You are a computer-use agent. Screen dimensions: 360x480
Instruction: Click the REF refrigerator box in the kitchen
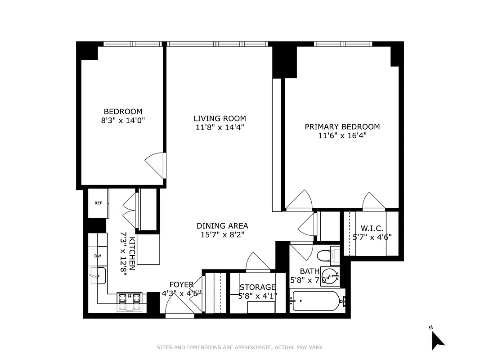(x=98, y=203)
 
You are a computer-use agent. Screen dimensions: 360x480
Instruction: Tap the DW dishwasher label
(x=98, y=256)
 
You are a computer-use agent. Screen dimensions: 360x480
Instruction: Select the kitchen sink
(x=98, y=275)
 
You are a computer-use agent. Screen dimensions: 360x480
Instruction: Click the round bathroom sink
(x=331, y=275)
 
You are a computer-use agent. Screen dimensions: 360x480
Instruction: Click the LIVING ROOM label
(x=220, y=119)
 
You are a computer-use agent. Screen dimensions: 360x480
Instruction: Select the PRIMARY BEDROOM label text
(x=342, y=127)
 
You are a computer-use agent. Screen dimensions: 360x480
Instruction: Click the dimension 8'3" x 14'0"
(x=123, y=121)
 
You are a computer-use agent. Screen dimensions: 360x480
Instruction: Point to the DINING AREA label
(x=222, y=226)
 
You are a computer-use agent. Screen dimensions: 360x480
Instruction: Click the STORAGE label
(x=257, y=287)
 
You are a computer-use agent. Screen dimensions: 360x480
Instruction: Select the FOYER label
(x=181, y=284)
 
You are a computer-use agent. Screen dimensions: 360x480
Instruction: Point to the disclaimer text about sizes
(x=240, y=347)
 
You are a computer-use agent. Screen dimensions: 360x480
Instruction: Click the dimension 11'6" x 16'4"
(x=342, y=135)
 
